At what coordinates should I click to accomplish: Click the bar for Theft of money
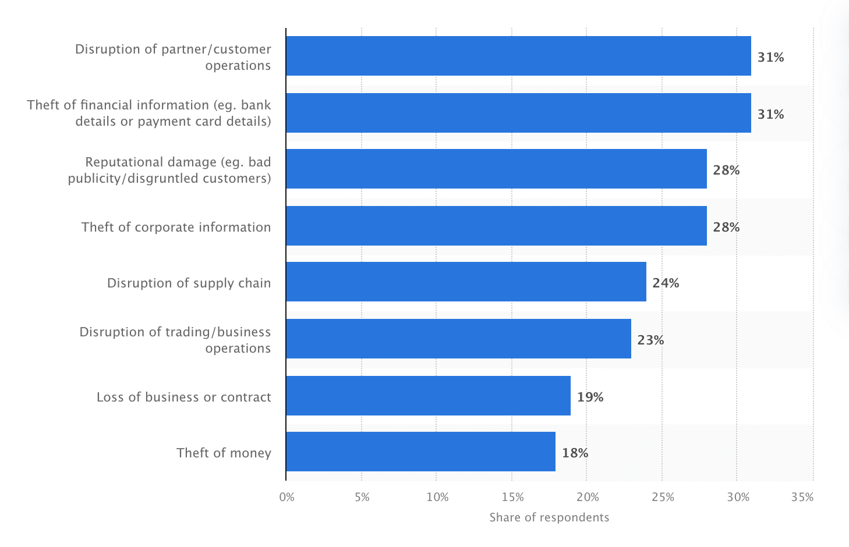point(420,452)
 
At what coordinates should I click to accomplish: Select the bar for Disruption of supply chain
point(466,282)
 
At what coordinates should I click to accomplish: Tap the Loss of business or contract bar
point(428,396)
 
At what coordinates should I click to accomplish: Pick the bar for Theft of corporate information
point(496,226)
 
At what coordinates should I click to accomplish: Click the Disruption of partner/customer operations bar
point(518,56)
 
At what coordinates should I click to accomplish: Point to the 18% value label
point(575,453)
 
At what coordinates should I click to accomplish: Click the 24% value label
point(666,283)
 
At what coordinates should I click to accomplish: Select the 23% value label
point(650,340)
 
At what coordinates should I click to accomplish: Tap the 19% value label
point(590,397)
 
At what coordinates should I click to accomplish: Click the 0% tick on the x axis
point(287,497)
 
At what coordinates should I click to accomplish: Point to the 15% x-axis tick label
point(512,497)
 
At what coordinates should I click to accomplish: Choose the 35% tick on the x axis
point(802,497)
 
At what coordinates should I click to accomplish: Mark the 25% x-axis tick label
point(663,497)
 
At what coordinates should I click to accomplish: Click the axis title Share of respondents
point(549,517)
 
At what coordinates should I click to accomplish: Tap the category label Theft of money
point(224,453)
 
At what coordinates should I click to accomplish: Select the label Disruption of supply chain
point(189,283)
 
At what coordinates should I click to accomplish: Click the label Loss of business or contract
point(183,397)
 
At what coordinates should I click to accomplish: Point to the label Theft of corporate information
point(176,227)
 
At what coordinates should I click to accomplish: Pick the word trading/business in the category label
point(228,332)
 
